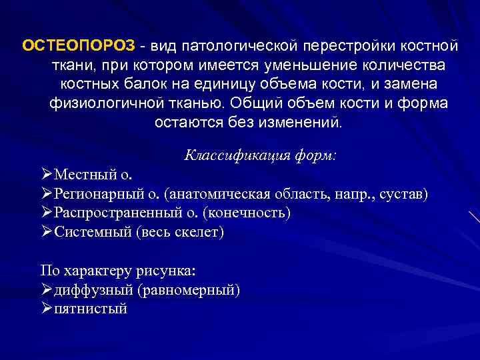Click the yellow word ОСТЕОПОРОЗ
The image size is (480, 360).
[x=79, y=47]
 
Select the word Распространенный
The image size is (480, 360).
[x=126, y=213]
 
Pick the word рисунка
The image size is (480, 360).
[x=170, y=271]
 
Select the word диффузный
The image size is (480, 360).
[x=89, y=290]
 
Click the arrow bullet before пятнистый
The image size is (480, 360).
[x=46, y=309]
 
